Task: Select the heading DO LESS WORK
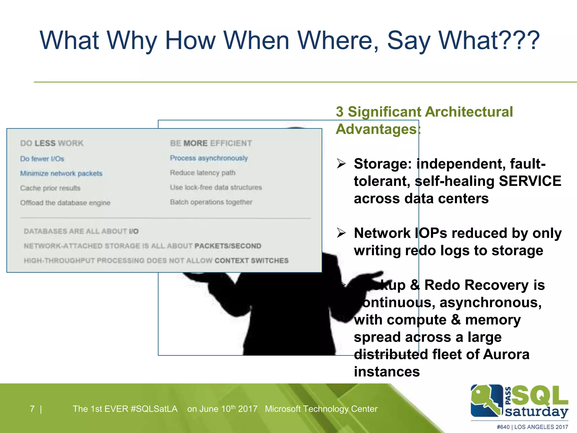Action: click(52, 143)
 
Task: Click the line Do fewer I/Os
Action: click(42, 159)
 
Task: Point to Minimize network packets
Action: click(61, 173)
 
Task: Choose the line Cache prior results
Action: click(50, 188)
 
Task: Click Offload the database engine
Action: click(65, 203)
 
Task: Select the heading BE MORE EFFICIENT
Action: click(211, 143)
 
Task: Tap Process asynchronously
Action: click(209, 158)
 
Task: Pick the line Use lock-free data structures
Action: click(216, 187)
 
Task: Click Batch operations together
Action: click(211, 202)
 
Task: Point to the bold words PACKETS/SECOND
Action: click(228, 246)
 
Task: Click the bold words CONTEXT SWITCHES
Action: click(251, 260)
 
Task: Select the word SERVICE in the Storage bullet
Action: click(530, 181)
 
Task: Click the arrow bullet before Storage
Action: click(341, 164)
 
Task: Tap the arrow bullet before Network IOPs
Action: click(341, 233)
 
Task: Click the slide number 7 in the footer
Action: click(32, 409)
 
